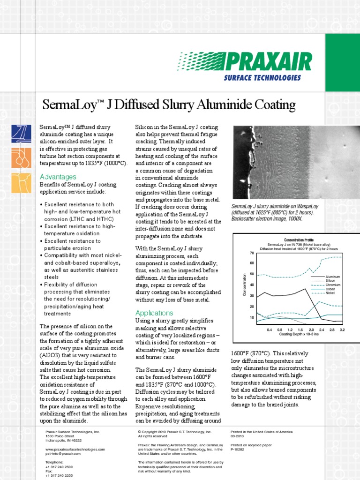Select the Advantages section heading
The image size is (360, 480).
click(x=58, y=177)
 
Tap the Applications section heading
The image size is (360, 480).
click(x=154, y=313)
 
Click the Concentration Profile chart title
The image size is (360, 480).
click(x=289, y=240)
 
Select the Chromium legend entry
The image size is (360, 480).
click(x=332, y=285)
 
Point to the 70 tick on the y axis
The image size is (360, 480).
click(x=252, y=253)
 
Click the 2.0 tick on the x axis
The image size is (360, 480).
click(x=312, y=330)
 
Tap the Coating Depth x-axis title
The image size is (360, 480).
click(x=299, y=335)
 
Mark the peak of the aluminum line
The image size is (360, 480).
click(x=306, y=289)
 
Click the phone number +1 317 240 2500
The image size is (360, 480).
click(x=59, y=467)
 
